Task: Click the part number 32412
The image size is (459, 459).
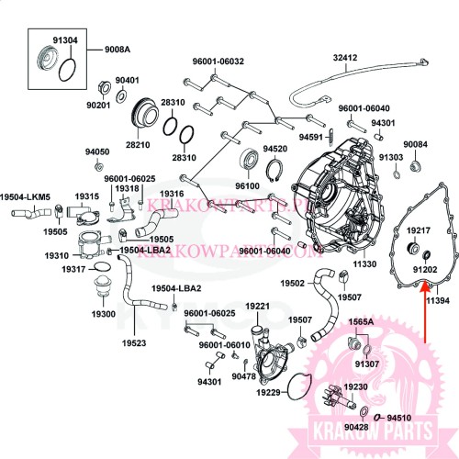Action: pos(344,58)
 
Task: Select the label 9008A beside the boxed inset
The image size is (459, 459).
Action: pos(117,48)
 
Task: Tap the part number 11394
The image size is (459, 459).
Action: pos(437,300)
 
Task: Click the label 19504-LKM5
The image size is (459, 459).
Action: pos(25,196)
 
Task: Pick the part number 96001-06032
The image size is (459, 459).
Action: pos(218,62)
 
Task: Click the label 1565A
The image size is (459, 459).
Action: pos(360,322)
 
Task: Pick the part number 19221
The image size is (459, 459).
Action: pos(257,306)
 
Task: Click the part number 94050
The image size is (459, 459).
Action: pos(97,151)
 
